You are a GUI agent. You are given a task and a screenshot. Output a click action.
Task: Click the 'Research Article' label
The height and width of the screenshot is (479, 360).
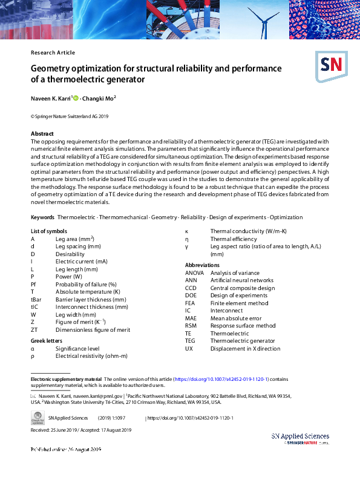pyautogui.click(x=53, y=53)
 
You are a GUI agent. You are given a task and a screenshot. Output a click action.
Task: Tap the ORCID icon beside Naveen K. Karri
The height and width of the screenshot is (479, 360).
pyautogui.click(x=76, y=98)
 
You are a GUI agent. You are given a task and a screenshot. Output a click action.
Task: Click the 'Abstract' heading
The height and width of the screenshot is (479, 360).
pyautogui.click(x=42, y=134)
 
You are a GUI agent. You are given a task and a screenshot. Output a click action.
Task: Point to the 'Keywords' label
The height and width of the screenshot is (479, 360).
pyautogui.click(x=42, y=217)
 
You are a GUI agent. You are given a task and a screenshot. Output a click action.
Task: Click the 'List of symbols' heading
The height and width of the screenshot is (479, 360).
pyautogui.click(x=48, y=231)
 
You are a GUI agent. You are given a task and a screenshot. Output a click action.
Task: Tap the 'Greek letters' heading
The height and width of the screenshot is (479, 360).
pyautogui.click(x=47, y=341)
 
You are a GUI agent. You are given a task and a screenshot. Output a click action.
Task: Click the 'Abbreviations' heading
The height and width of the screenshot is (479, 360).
pyautogui.click(x=202, y=265)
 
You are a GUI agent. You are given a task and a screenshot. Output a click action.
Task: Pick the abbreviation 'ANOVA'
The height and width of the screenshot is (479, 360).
pyautogui.click(x=194, y=273)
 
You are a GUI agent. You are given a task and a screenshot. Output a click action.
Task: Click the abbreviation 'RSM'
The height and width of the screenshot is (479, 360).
pyautogui.click(x=191, y=326)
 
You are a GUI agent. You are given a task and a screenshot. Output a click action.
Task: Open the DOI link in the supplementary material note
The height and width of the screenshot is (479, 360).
pyautogui.click(x=221, y=378)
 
